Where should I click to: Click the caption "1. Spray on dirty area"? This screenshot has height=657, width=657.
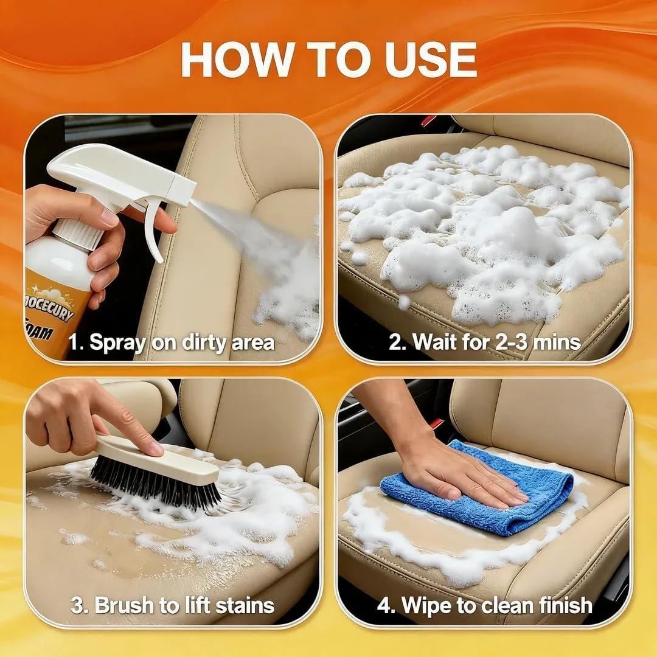coord(172,342)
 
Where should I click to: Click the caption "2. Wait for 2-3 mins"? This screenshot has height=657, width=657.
coord(484,342)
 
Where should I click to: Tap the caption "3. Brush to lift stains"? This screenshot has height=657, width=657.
coord(172,605)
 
